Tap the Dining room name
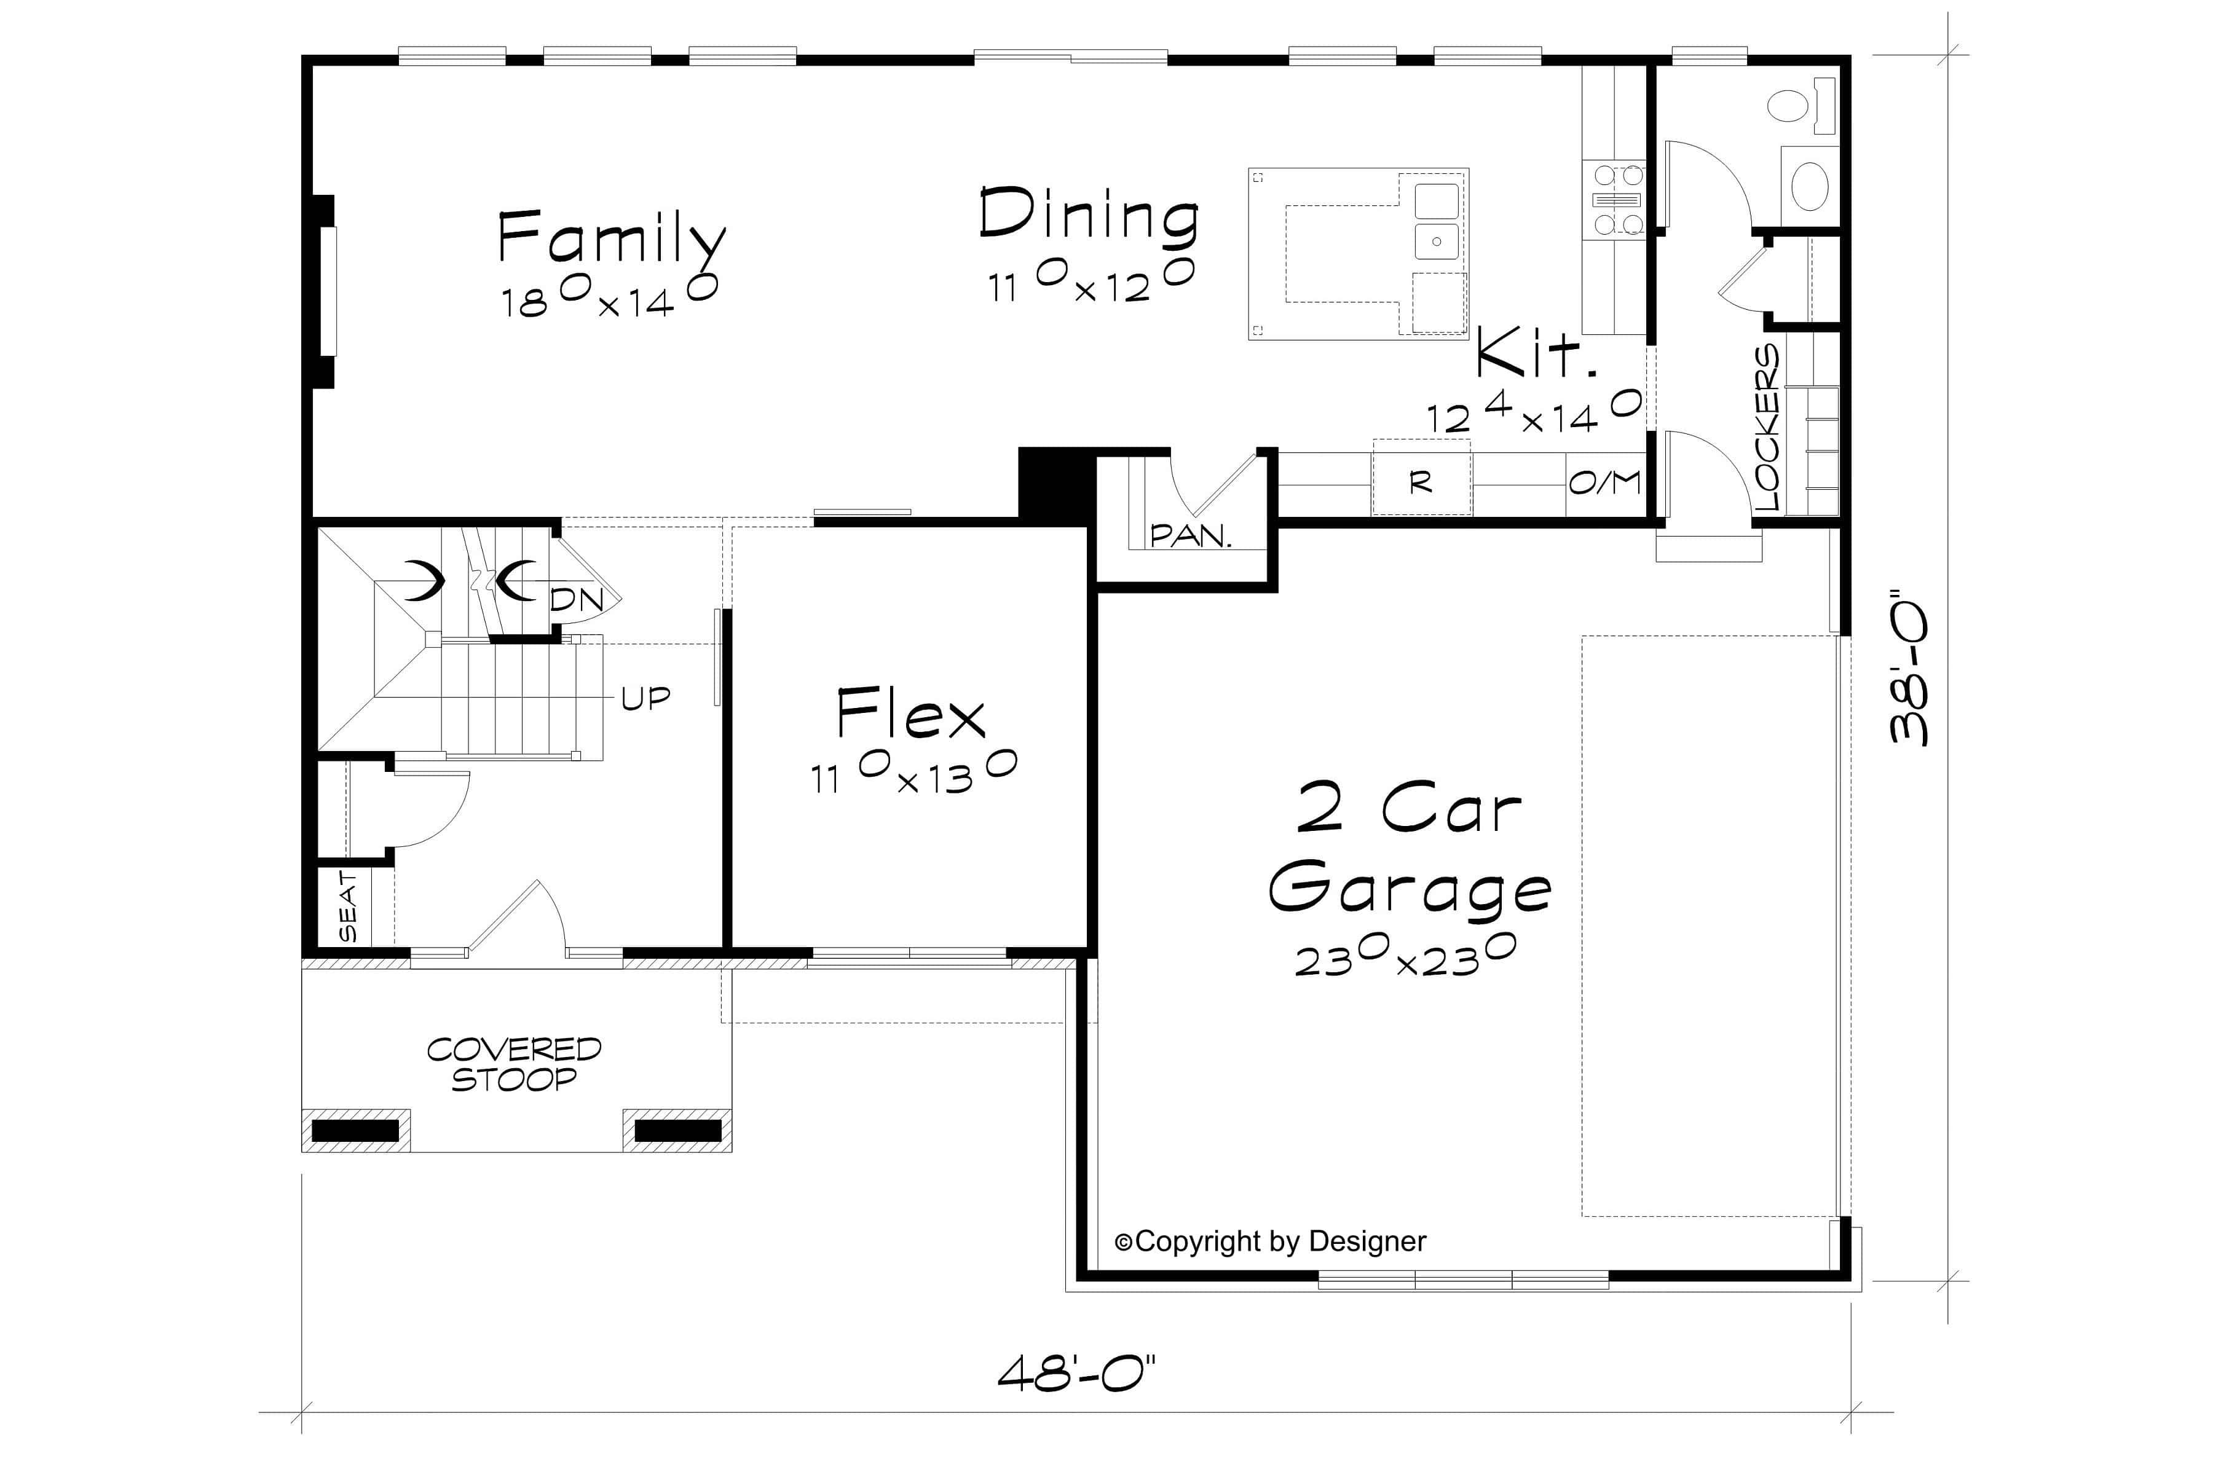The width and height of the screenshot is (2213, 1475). [x=1089, y=214]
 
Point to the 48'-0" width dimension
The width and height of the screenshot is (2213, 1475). [x=1075, y=1374]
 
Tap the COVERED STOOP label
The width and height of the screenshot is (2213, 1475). [x=514, y=1064]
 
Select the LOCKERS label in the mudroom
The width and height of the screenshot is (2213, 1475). [x=1767, y=428]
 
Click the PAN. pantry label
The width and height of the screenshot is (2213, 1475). [x=1190, y=536]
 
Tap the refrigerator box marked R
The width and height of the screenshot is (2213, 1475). [x=1421, y=482]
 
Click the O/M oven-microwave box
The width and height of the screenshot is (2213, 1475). [x=1605, y=482]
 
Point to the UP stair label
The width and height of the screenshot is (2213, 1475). [x=645, y=698]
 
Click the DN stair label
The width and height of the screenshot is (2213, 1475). [x=576, y=599]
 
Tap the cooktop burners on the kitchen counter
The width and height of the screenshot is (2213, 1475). [x=1617, y=199]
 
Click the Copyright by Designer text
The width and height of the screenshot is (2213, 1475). [x=1270, y=1241]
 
